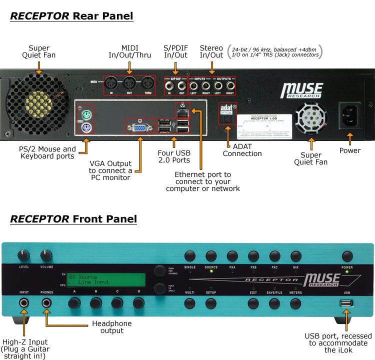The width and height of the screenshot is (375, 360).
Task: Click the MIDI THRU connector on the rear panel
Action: [x=147, y=83]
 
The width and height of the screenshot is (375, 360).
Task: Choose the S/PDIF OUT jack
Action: [x=182, y=85]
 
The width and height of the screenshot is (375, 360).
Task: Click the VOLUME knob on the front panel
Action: [x=46, y=255]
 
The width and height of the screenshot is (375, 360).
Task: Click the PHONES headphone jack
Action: [x=47, y=302]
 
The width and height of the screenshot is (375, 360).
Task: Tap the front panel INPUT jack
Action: [x=24, y=302]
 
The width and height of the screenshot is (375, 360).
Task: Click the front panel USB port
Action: [x=346, y=303]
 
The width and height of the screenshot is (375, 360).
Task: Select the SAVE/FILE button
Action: [x=274, y=303]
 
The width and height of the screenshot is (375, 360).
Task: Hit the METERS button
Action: [x=295, y=303]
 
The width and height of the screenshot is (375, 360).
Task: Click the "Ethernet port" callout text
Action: [x=202, y=181]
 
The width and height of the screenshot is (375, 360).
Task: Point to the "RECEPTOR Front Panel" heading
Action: [x=73, y=219]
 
